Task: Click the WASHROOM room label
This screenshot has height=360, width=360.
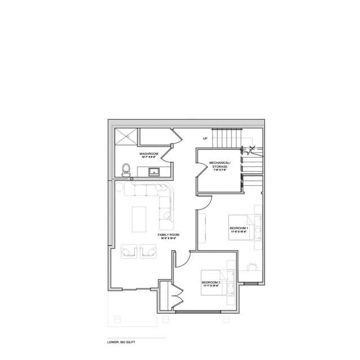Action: point(149,153)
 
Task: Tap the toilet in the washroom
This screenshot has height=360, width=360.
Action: point(126,169)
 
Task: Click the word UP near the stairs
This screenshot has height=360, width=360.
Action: point(206,139)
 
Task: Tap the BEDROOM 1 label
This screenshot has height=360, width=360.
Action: point(239,228)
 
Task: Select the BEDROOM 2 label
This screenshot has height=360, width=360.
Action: point(211,282)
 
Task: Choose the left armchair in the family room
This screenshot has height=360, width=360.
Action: point(128,250)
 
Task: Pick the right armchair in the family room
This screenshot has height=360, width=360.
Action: point(149,250)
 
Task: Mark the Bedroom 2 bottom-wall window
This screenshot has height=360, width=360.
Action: point(203,310)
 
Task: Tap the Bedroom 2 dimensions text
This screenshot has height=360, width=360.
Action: point(211,286)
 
